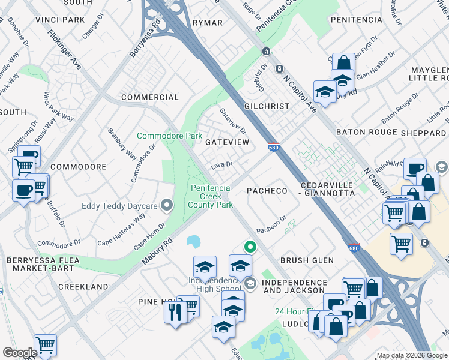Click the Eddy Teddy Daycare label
(x=119, y=206)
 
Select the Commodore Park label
(x=169, y=136)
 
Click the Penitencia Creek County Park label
(x=211, y=196)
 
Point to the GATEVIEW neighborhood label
(x=227, y=142)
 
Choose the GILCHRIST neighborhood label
(x=267, y=106)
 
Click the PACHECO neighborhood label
(x=268, y=191)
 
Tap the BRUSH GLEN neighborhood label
(x=306, y=260)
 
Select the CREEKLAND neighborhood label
(x=83, y=287)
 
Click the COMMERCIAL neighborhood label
(x=149, y=97)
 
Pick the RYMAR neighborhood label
(x=208, y=23)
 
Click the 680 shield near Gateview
(x=274, y=147)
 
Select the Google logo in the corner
(x=20, y=353)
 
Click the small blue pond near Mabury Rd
(x=193, y=241)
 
